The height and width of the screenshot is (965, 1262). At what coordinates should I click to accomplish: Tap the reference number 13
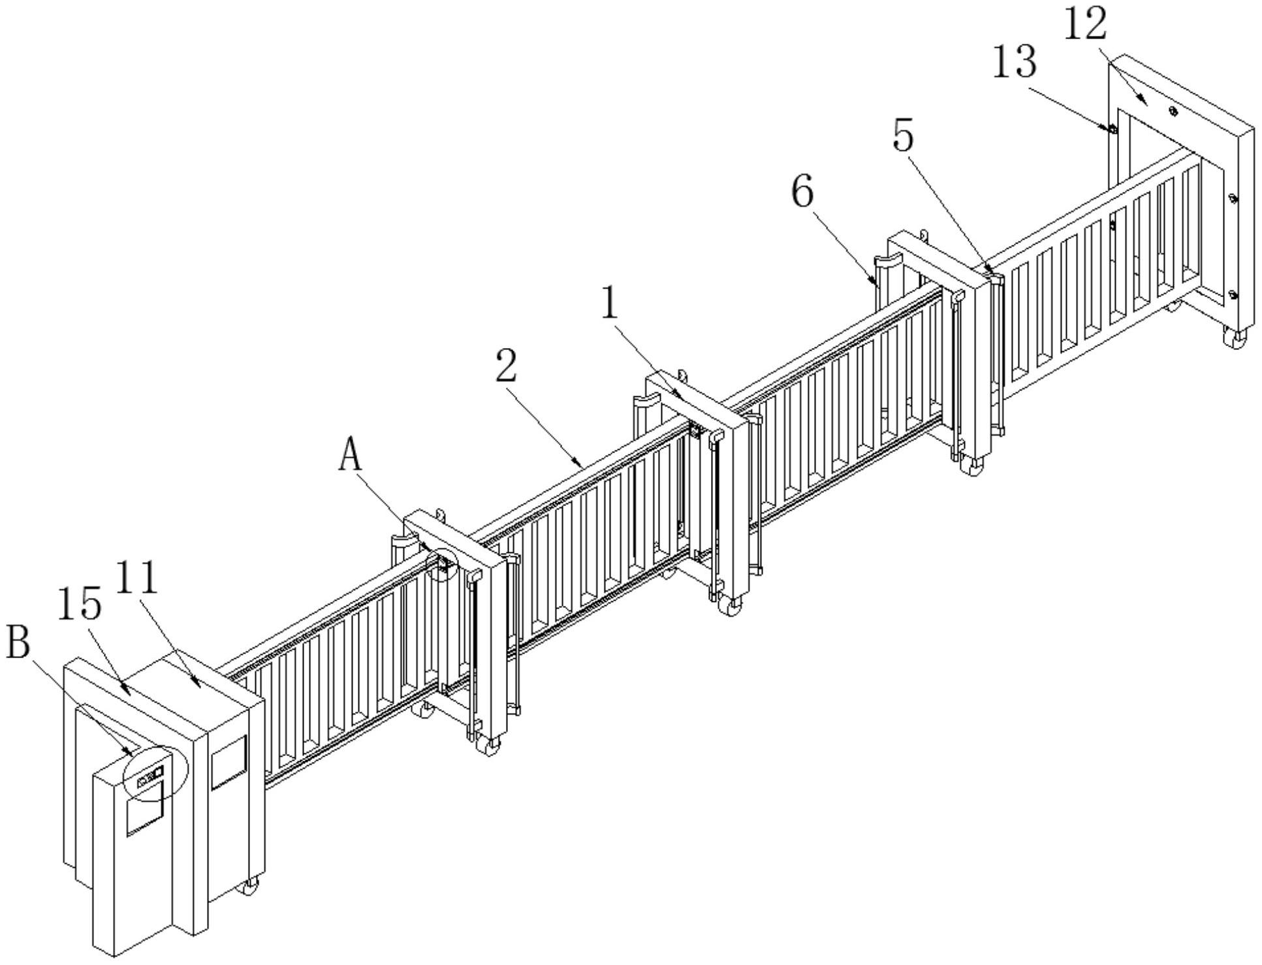point(1015,63)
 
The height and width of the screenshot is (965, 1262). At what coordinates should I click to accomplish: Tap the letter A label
point(351,455)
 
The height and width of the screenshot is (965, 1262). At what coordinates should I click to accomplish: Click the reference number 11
point(138,576)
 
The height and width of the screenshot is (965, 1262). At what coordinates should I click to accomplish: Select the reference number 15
point(80,603)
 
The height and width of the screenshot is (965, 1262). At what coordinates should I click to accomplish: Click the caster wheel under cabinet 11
point(249,886)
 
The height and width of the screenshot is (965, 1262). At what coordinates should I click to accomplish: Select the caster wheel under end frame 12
point(1234,338)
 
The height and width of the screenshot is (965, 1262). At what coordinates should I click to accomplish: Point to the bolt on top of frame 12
point(1173,111)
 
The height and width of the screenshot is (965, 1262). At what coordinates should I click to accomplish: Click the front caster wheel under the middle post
point(731,605)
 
